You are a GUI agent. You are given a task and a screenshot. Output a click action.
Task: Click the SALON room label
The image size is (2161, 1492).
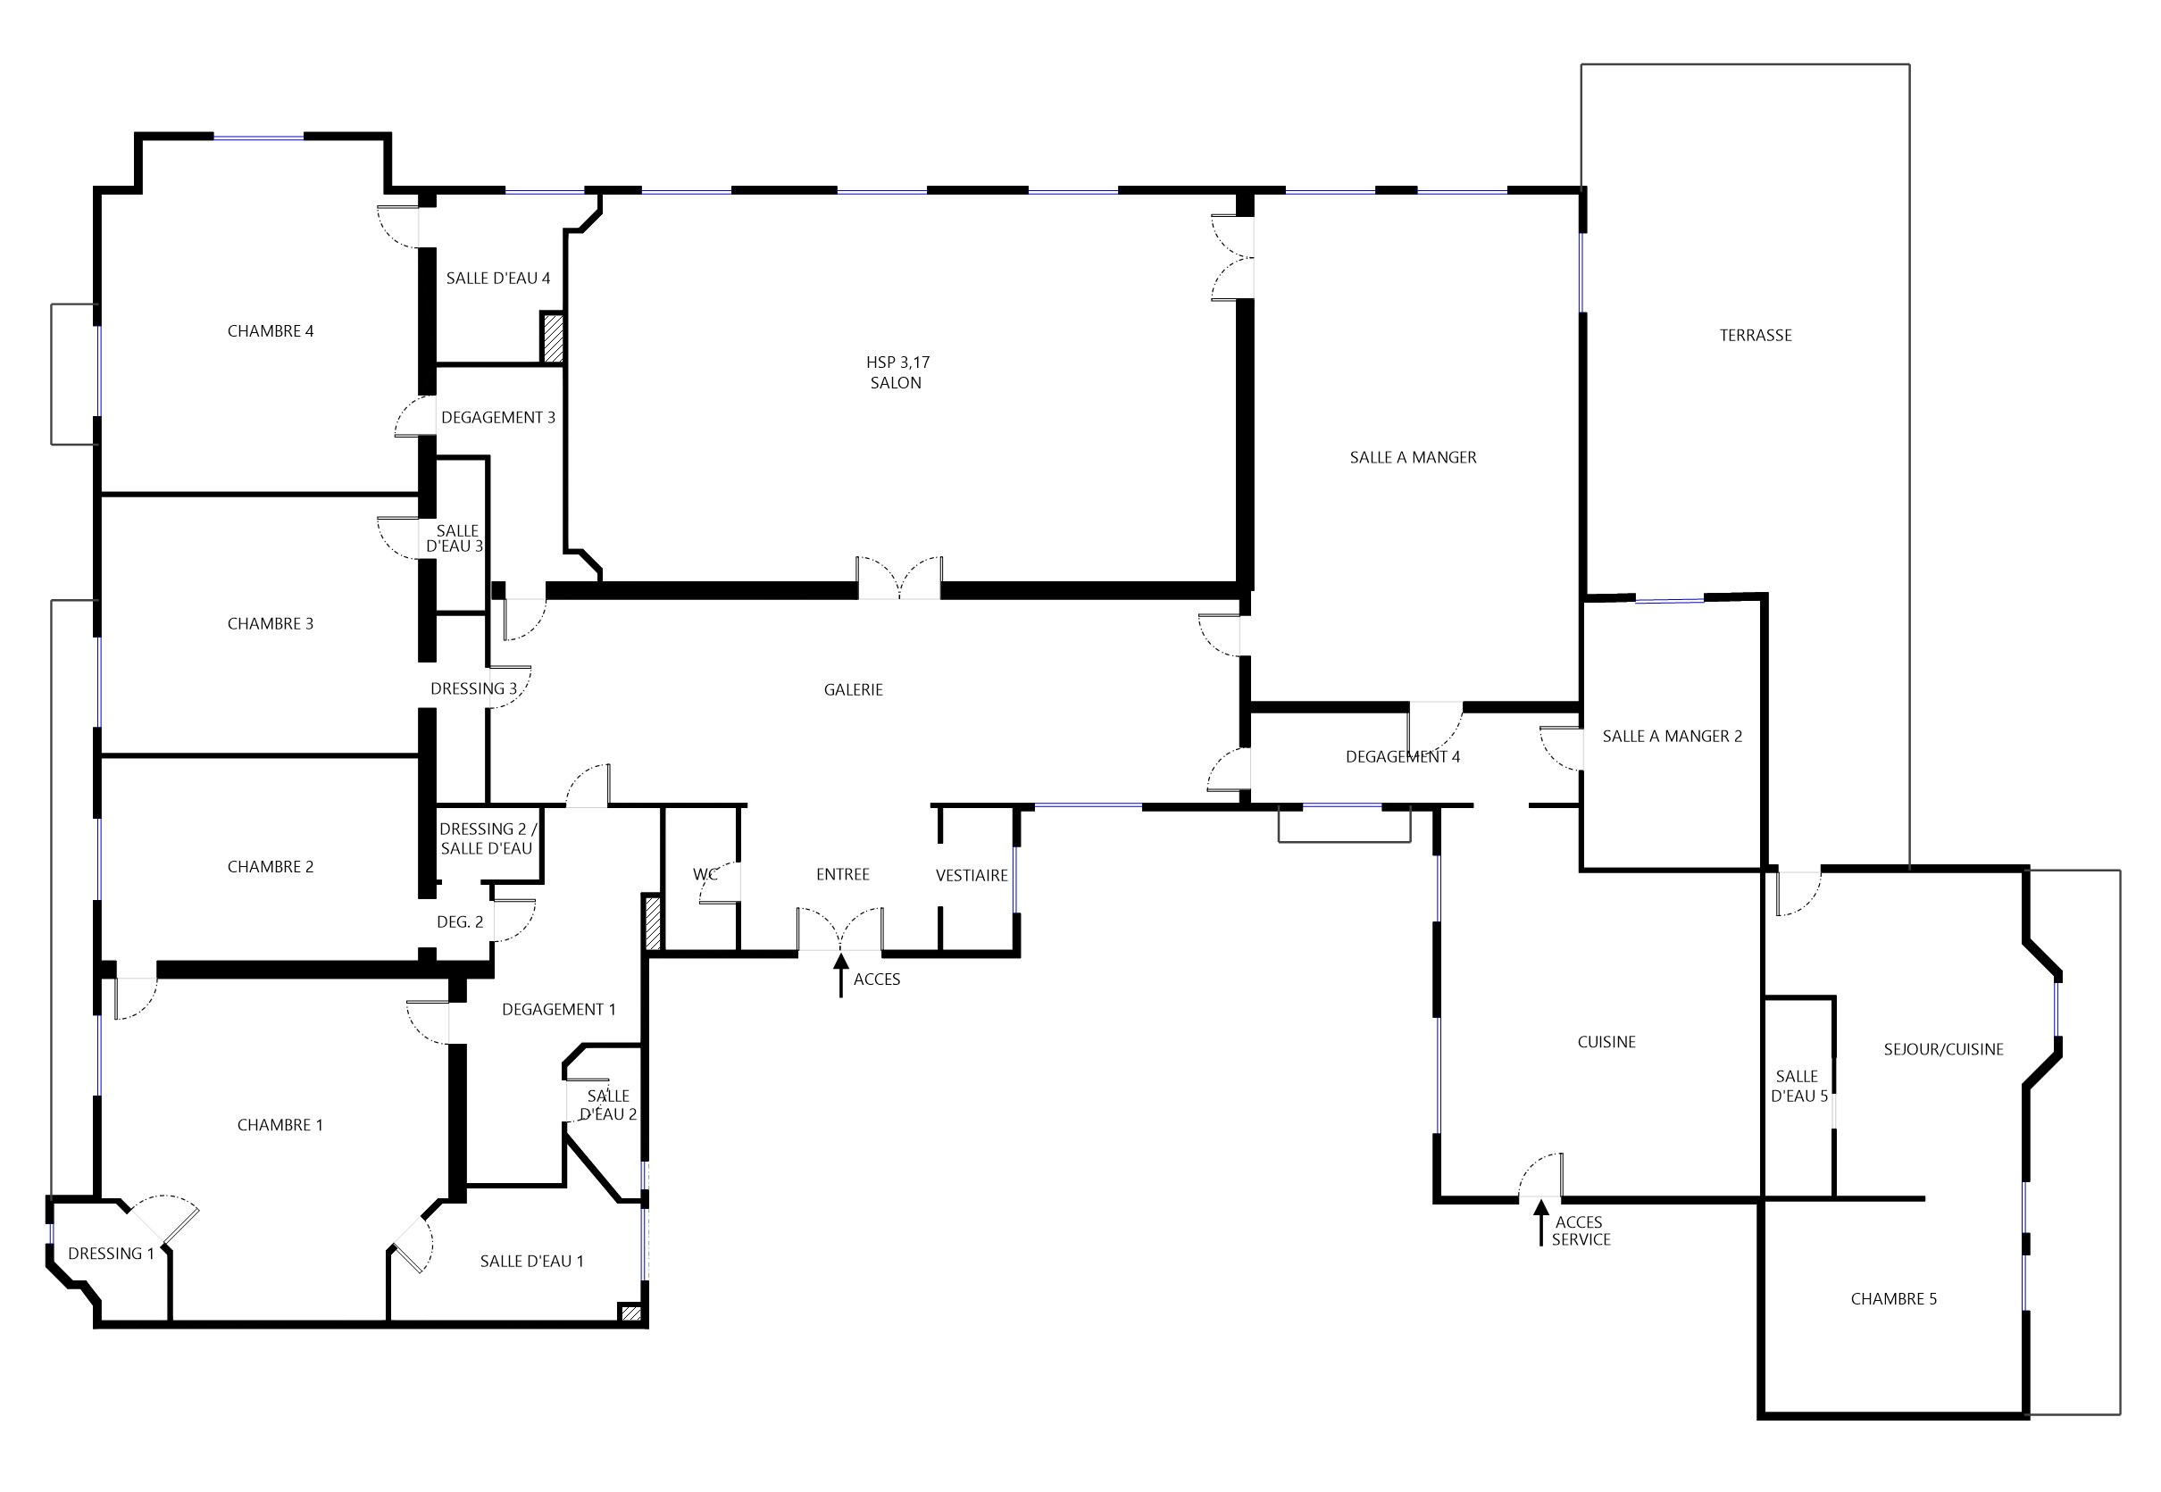[x=896, y=382]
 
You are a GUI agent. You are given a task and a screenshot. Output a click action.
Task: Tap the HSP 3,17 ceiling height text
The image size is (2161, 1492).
[x=897, y=362]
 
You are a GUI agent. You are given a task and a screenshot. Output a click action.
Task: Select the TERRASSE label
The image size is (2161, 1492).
[x=1756, y=335]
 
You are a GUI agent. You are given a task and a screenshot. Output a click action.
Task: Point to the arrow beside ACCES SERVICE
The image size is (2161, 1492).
[x=1541, y=1221]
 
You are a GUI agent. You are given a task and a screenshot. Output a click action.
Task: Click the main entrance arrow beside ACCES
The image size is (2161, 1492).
[x=841, y=975]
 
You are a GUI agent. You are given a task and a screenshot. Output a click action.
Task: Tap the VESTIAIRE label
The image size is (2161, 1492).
[x=972, y=875]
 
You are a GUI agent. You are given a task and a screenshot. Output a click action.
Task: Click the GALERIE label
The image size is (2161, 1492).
[x=854, y=689]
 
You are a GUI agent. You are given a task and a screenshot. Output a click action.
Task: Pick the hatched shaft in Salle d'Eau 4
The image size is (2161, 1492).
[x=553, y=338]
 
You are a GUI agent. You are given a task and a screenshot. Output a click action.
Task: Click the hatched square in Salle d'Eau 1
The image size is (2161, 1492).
[x=631, y=1313]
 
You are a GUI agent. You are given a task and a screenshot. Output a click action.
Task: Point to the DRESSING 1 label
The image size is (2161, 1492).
[x=112, y=1254]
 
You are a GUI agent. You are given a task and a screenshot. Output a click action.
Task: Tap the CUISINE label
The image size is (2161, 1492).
[x=1606, y=1041]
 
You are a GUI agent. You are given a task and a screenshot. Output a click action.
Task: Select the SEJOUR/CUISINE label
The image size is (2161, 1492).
[x=1943, y=1049]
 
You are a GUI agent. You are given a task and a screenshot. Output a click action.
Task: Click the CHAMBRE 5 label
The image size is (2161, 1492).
[x=1894, y=1298]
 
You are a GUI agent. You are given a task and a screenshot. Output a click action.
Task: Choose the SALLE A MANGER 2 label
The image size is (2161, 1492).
[x=1673, y=736]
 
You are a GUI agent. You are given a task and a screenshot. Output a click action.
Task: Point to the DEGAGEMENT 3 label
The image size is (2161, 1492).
[x=498, y=417]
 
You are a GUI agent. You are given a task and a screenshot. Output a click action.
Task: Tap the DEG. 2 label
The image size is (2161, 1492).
[x=460, y=921]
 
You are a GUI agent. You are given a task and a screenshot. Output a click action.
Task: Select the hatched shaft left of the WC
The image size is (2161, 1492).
[x=653, y=922]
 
